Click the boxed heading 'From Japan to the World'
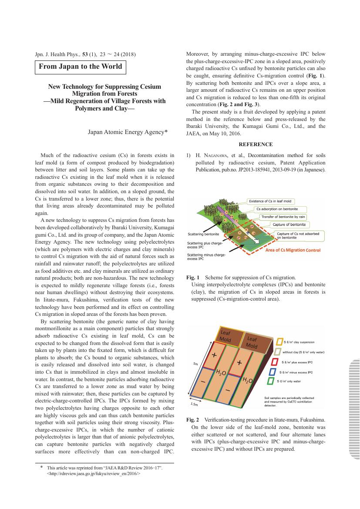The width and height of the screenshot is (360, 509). (x=81, y=67)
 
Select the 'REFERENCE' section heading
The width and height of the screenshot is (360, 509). (x=256, y=144)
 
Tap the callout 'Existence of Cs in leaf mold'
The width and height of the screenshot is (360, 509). (x=270, y=201)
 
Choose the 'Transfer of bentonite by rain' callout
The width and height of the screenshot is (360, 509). (x=283, y=217)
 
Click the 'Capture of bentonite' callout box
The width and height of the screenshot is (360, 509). (x=289, y=224)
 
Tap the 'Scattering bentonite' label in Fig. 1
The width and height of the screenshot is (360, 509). (x=203, y=234)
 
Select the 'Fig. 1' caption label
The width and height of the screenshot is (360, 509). (x=192, y=277)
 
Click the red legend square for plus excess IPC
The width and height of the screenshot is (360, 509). (x=275, y=362)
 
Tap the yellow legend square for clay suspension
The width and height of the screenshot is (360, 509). (x=279, y=342)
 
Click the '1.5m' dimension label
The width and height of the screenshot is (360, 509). (x=194, y=404)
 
